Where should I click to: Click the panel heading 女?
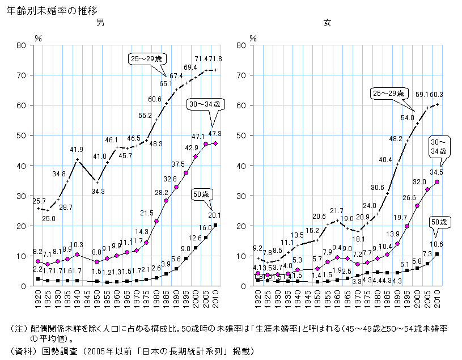327,23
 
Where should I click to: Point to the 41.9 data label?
77,150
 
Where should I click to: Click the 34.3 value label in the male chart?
98,192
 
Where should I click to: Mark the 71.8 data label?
217,59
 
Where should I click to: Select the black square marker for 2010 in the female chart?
436,254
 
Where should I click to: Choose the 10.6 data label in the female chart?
436,244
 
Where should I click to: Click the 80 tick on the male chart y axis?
23,45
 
